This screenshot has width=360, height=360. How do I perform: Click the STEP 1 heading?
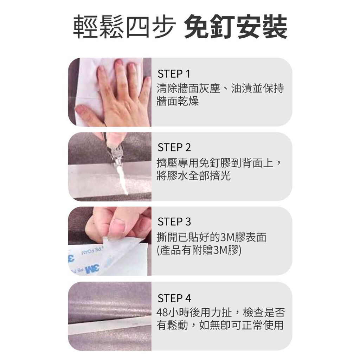point(174,74)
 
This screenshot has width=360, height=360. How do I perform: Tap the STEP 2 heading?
point(174,147)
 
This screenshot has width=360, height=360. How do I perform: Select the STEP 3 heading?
point(174,222)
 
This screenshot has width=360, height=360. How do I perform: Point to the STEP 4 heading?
point(174,298)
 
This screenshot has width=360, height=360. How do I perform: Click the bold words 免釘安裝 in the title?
point(236,26)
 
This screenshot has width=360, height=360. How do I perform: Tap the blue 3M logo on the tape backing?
point(92,269)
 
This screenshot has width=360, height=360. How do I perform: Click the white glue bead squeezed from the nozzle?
point(122,180)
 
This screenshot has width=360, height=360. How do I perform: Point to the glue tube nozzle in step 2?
point(118,162)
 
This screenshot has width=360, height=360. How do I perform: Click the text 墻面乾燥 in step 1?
point(178,101)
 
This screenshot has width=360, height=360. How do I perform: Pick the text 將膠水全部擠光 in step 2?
point(194,176)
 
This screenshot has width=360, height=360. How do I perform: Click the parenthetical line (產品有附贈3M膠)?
point(199,250)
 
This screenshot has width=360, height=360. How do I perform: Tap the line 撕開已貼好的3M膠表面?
point(211,237)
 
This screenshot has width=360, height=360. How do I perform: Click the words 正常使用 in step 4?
point(263,325)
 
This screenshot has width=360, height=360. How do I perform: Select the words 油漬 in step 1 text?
point(242,88)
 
